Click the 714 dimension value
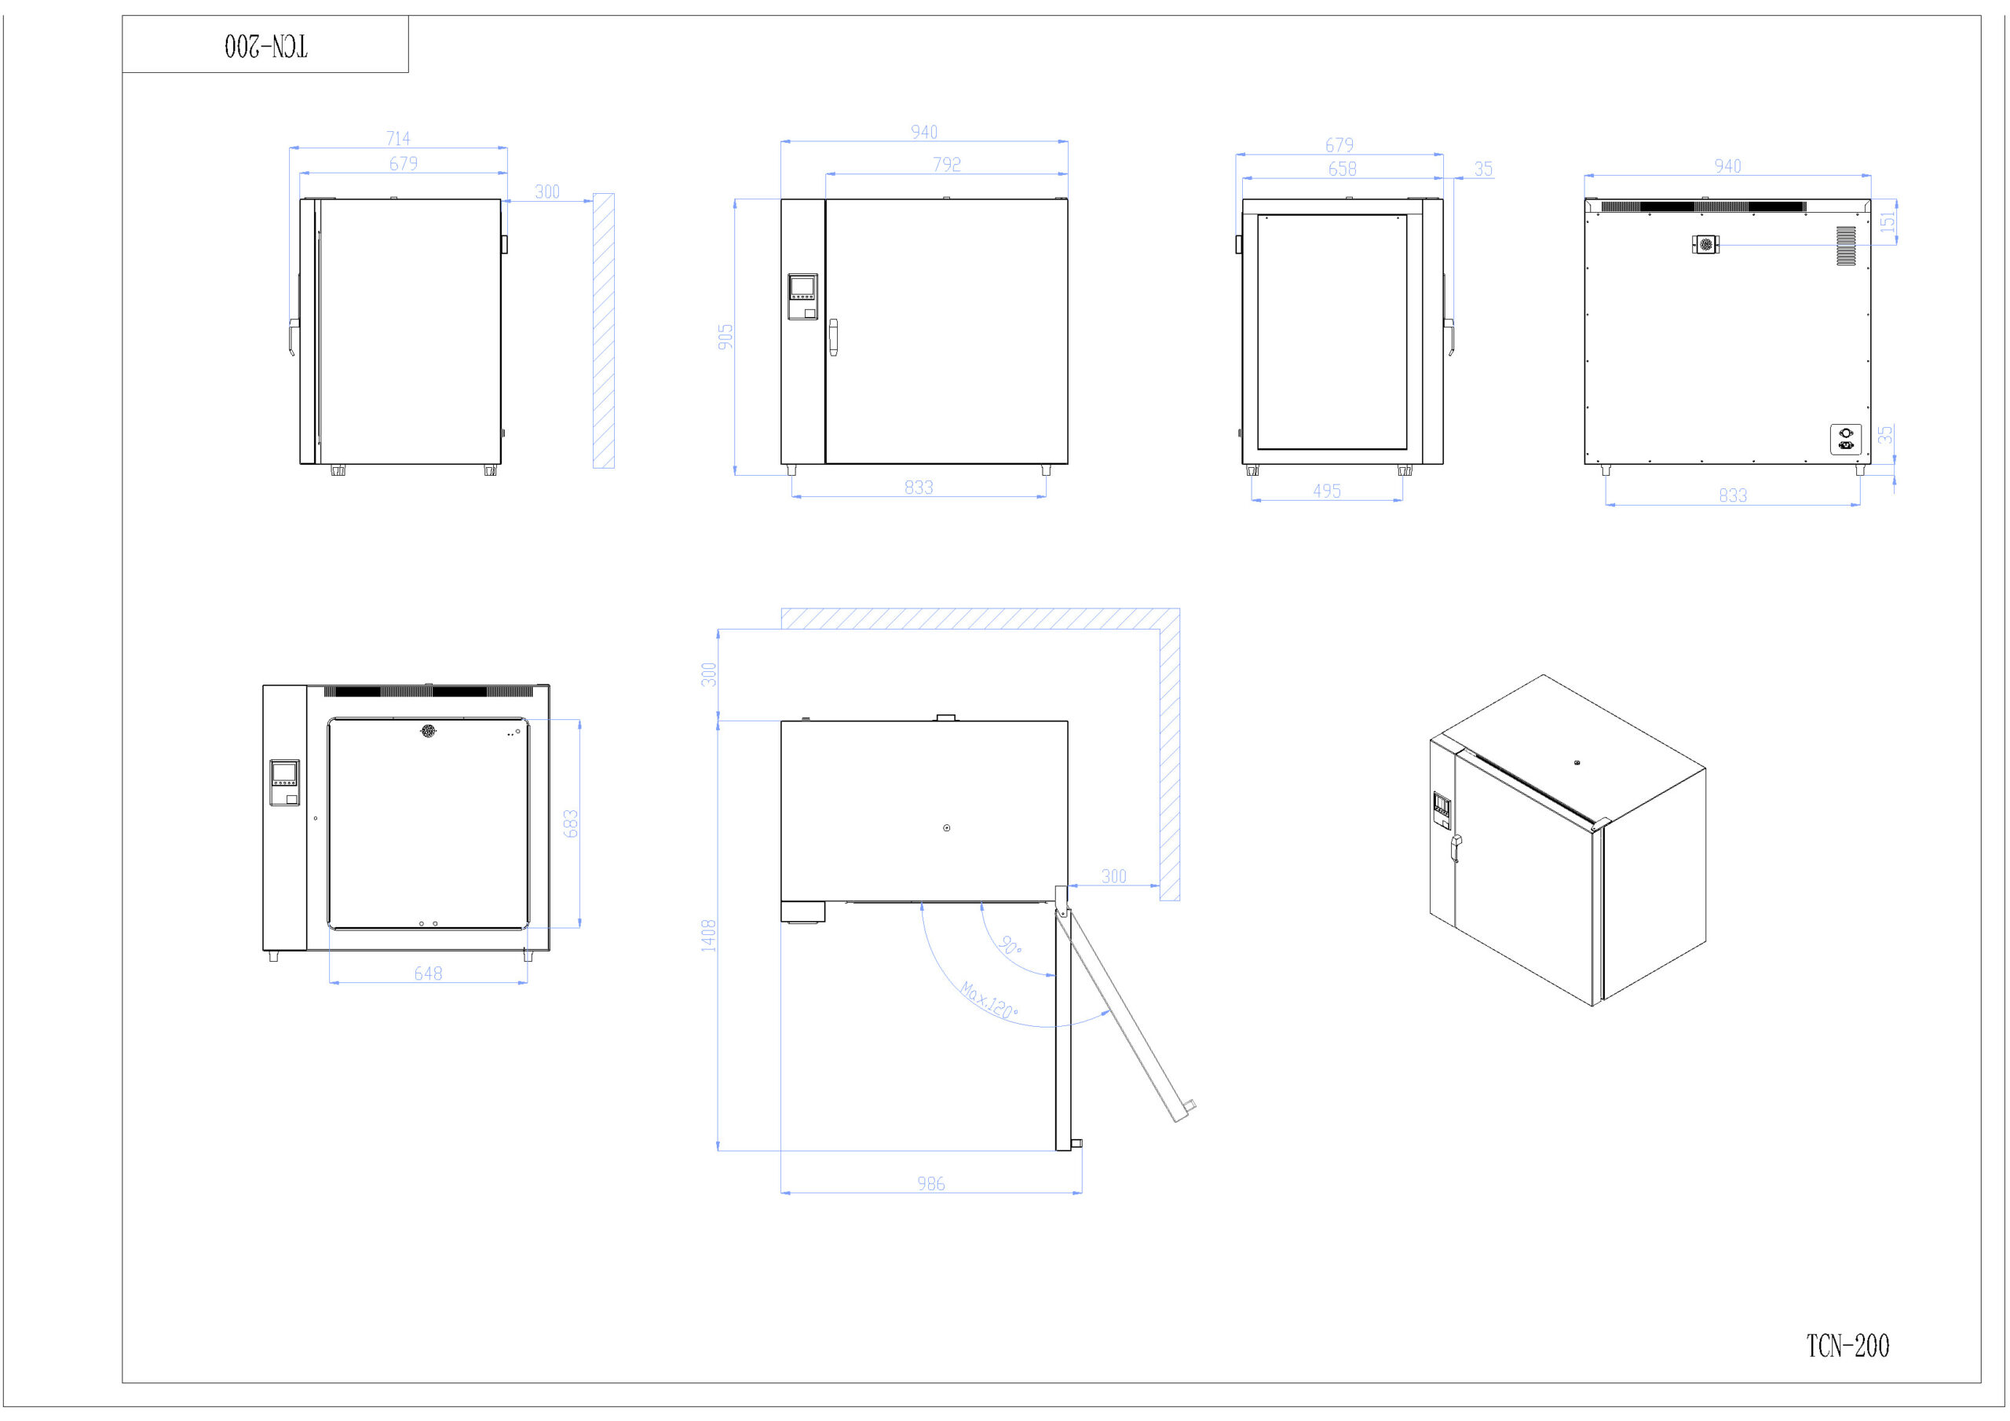coord(398,138)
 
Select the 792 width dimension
coord(946,164)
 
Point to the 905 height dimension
coord(725,337)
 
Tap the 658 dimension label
coord(1342,169)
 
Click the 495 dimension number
coord(1326,491)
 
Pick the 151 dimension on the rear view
coord(1888,221)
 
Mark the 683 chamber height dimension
coord(571,824)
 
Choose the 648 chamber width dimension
coord(428,974)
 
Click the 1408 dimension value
coord(708,935)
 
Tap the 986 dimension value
coord(930,1184)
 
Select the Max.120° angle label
coord(989,1001)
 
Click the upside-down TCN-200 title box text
coord(266,46)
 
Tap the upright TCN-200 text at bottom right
coord(1847,1346)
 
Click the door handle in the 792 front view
coord(833,338)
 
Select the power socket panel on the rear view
coord(1845,440)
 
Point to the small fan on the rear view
coord(1705,245)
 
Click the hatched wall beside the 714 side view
coord(603,331)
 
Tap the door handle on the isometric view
coord(1456,848)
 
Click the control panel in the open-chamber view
coord(284,783)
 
